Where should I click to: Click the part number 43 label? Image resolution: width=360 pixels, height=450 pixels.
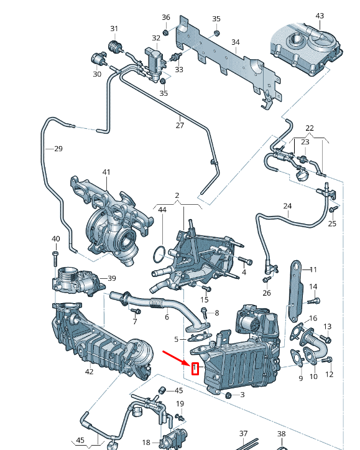tap(320, 16)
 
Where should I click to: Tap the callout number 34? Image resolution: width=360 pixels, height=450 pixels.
tap(235, 42)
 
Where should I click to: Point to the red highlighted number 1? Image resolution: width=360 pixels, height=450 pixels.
tap(195, 369)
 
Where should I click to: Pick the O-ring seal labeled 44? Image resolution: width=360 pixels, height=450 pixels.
tap(160, 253)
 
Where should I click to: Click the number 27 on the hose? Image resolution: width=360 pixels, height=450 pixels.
tap(180, 125)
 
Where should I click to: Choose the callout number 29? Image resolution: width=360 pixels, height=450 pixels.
tap(58, 149)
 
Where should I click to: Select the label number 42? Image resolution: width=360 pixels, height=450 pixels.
tap(89, 372)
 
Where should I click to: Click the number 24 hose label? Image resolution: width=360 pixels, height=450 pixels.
tap(287, 205)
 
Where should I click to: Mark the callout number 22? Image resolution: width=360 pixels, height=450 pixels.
tap(310, 128)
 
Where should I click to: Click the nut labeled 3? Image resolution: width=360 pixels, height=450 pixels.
tap(228, 395)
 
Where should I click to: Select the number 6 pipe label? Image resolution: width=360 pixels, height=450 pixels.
tap(167, 317)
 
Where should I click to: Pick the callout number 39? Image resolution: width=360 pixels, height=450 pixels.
tap(112, 278)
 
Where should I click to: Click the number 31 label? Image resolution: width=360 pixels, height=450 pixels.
tap(114, 29)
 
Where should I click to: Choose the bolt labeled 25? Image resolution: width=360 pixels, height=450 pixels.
tap(334, 209)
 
